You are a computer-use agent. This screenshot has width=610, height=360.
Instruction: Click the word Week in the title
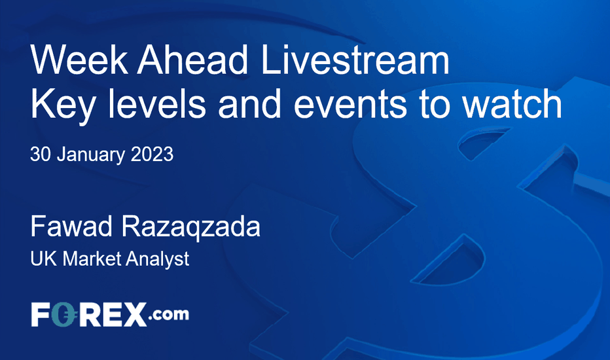click(79, 60)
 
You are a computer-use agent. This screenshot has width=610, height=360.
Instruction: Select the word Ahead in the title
click(192, 60)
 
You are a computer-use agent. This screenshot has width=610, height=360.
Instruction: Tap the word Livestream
click(355, 60)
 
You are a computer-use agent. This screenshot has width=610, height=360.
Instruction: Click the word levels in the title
click(157, 103)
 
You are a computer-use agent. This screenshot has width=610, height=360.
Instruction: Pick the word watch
click(512, 103)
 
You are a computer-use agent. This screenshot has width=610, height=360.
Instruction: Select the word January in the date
click(91, 155)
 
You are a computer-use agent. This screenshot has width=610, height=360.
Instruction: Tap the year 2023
click(152, 154)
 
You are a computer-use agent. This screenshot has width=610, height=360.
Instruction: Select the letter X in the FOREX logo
click(133, 315)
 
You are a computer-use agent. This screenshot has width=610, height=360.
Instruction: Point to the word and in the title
click(250, 103)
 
